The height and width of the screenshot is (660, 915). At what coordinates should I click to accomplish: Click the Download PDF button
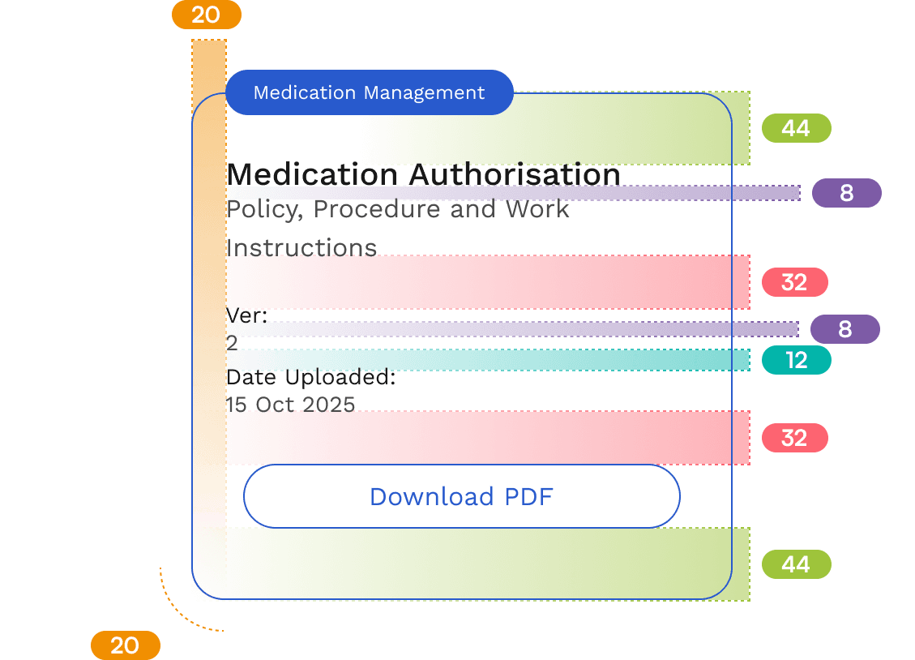(x=462, y=496)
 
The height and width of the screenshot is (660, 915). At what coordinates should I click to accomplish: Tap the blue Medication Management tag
(x=370, y=92)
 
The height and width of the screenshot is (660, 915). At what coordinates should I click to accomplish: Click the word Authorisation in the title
(x=514, y=174)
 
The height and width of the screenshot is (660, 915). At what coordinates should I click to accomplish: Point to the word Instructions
(x=301, y=248)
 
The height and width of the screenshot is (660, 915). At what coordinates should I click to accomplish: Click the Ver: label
(x=247, y=315)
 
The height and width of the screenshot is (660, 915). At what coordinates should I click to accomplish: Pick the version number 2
(x=232, y=343)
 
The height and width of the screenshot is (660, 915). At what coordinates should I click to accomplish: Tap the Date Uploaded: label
(x=311, y=378)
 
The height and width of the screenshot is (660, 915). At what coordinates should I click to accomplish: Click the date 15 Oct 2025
(x=291, y=405)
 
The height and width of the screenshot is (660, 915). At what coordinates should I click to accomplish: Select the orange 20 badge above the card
(x=207, y=15)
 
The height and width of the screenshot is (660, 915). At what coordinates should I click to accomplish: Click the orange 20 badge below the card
(x=126, y=645)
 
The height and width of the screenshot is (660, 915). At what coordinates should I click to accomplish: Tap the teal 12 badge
(x=797, y=360)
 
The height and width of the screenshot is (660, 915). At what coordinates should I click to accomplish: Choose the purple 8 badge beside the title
(x=847, y=193)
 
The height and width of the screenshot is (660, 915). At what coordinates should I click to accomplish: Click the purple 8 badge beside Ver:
(x=845, y=329)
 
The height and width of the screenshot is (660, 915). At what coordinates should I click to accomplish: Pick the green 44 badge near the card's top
(x=797, y=128)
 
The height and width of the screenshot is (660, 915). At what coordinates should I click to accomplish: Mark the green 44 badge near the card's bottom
(x=797, y=564)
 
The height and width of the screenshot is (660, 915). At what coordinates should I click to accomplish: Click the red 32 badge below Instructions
(x=795, y=282)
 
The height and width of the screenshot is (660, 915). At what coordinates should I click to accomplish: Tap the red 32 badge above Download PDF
(x=795, y=439)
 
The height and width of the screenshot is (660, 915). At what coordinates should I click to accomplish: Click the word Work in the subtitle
(x=537, y=209)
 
